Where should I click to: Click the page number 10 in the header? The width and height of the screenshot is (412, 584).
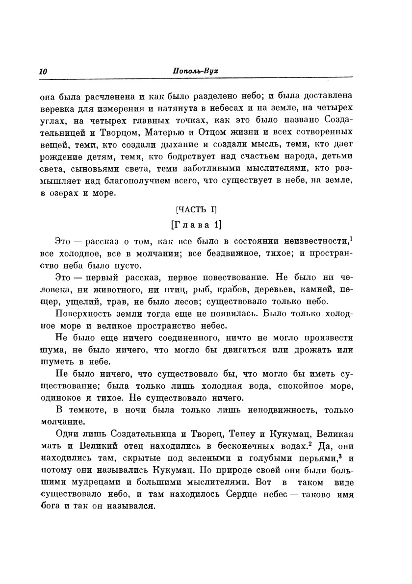(43, 71)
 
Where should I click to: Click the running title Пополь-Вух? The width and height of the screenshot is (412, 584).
(195, 71)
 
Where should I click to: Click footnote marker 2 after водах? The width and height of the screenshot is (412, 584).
(310, 445)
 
